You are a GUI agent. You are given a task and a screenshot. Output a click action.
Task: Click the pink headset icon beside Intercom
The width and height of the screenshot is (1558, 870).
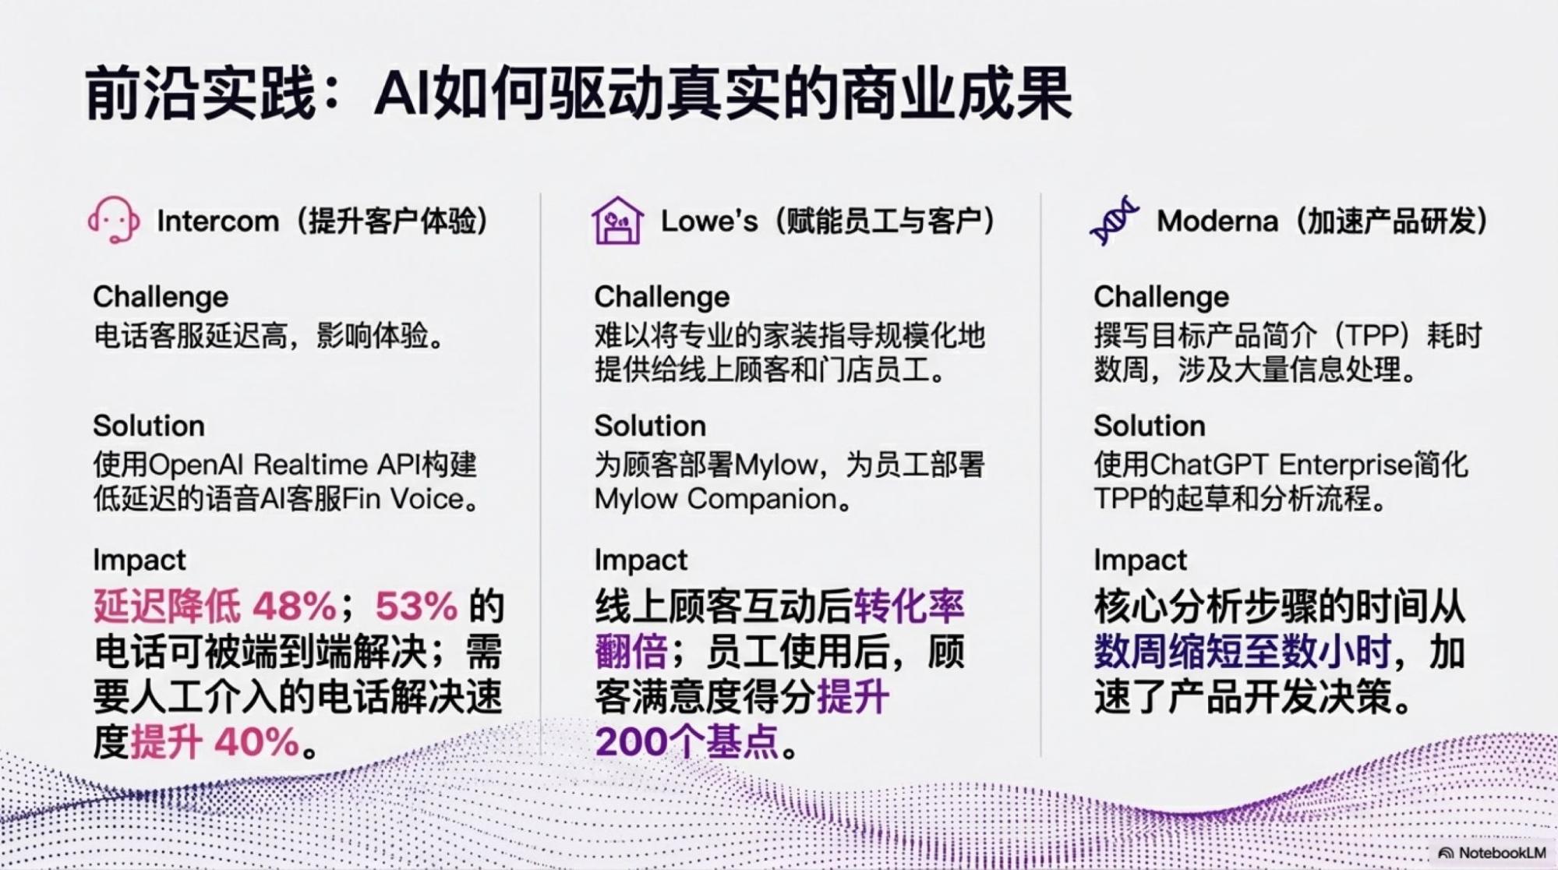click(114, 220)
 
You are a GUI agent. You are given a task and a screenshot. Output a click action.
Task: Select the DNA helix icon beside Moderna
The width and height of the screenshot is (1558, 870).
click(1115, 221)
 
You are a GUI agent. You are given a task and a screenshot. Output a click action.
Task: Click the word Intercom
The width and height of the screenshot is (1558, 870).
click(217, 221)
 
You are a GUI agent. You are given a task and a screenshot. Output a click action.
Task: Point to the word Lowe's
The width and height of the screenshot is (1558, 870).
click(709, 221)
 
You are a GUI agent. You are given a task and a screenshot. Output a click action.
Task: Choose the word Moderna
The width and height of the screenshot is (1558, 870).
click(1217, 221)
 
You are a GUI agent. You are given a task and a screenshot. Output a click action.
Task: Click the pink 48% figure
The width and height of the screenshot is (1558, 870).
click(294, 606)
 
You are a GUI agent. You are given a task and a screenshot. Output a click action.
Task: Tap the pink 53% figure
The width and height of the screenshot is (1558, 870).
click(416, 606)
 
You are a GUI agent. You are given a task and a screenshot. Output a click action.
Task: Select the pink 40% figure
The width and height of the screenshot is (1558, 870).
click(257, 741)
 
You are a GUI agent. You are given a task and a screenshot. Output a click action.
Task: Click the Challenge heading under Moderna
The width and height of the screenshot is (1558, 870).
click(1161, 297)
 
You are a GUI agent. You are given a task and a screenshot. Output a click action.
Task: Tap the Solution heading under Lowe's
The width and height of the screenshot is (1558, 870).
click(650, 426)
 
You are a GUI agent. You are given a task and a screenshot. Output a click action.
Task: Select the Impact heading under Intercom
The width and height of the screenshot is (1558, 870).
click(139, 560)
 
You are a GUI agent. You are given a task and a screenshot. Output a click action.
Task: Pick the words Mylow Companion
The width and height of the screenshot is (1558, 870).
click(715, 499)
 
